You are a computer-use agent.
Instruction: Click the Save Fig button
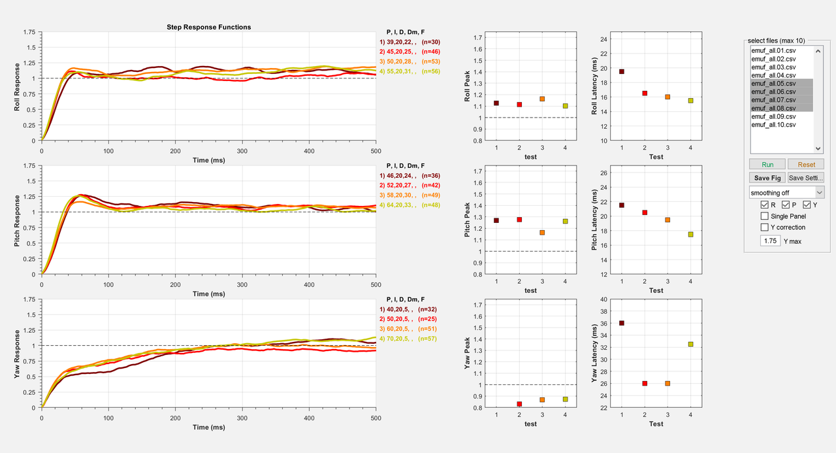tap(767, 178)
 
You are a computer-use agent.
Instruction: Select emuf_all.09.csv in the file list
tap(773, 116)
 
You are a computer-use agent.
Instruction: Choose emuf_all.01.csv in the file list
tap(773, 50)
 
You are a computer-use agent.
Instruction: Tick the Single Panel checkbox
tap(765, 216)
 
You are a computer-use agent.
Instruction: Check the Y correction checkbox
tap(765, 227)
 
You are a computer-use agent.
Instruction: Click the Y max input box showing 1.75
tap(770, 241)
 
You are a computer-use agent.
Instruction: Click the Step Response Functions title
tap(209, 27)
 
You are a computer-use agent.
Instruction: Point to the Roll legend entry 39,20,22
tap(413, 42)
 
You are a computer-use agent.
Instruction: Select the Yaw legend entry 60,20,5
tap(413, 329)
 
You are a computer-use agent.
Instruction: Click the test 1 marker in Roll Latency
tap(622, 71)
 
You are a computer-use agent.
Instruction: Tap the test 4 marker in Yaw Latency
tap(690, 344)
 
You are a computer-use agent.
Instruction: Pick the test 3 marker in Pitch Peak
tap(542, 233)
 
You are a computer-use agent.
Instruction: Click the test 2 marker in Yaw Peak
tap(519, 404)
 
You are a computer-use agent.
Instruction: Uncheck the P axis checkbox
tap(786, 205)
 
